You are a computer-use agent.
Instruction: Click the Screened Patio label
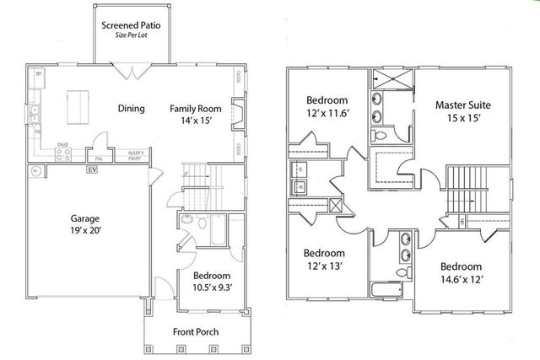[131, 25]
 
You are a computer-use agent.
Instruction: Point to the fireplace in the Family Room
[239, 113]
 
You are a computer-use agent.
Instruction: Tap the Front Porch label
[196, 331]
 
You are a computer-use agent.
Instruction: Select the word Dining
[131, 108]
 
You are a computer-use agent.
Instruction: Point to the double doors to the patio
[131, 72]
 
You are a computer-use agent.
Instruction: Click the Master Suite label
[463, 105]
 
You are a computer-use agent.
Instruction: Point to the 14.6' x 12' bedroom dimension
[461, 279]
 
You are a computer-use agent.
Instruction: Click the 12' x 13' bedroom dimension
[324, 266]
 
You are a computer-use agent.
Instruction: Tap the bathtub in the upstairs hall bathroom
[389, 292]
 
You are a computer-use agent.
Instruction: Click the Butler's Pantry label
[135, 154]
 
